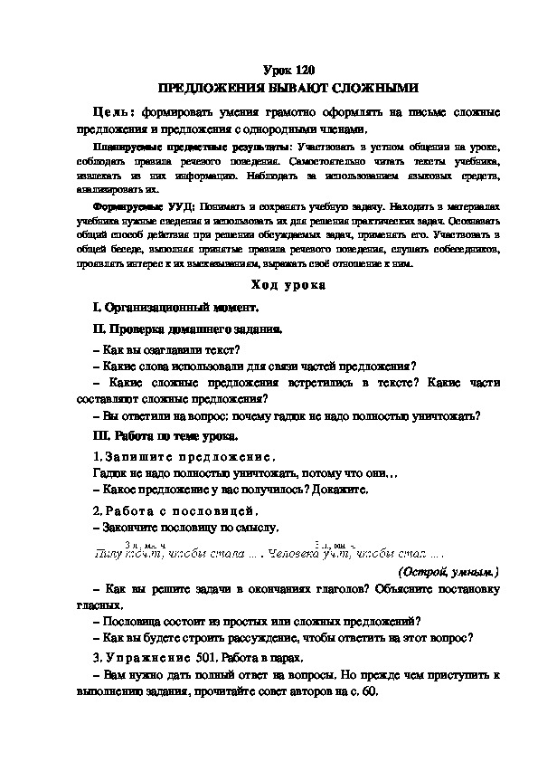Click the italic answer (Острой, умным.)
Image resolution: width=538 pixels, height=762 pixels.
[x=448, y=573]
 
